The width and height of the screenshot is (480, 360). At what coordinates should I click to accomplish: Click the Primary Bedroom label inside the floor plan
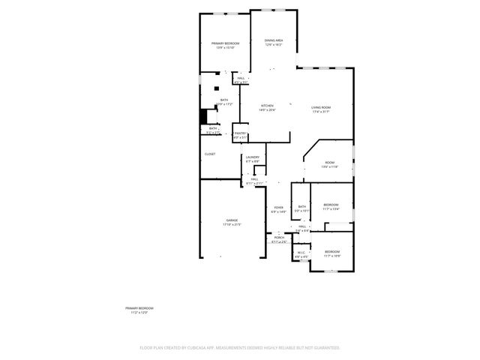[224, 46]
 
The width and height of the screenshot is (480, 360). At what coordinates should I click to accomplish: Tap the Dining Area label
[274, 42]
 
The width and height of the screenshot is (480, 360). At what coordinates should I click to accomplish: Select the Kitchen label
[267, 107]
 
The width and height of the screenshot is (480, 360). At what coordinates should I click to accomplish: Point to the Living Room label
[321, 109]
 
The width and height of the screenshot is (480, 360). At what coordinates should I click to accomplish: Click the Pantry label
[239, 135]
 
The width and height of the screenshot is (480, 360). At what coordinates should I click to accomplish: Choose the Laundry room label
[252, 158]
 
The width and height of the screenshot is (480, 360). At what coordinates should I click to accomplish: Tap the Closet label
[210, 154]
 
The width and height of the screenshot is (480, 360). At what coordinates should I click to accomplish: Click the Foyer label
[278, 209]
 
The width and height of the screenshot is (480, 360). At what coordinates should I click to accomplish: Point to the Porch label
[278, 239]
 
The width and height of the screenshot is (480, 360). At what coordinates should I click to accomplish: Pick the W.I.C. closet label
[301, 254]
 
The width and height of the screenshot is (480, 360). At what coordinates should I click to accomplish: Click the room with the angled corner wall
[329, 164]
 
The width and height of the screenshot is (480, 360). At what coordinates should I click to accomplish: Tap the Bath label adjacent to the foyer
[301, 208]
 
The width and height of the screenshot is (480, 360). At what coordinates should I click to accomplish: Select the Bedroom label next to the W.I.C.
[331, 253]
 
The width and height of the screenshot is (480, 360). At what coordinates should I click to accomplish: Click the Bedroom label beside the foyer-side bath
[331, 207]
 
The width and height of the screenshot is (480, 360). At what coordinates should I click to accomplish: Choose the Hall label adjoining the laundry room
[255, 181]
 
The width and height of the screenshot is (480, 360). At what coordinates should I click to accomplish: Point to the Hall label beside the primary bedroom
[241, 79]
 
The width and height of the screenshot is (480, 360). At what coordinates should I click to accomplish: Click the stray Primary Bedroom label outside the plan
[139, 310]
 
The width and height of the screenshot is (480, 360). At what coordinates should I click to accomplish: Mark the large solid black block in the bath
[202, 118]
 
